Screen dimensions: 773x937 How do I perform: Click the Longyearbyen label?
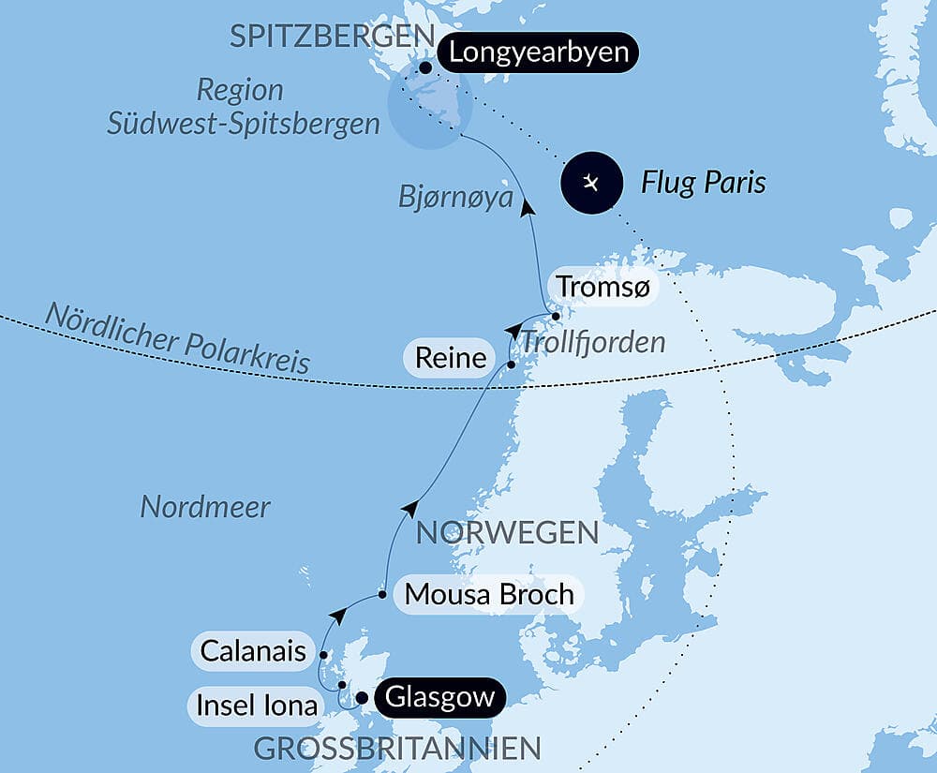point(538,52)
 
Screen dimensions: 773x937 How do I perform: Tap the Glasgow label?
point(439,698)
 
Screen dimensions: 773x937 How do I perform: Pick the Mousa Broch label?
point(488,595)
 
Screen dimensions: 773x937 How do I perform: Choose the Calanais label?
point(253,650)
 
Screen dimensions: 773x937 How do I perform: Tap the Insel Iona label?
point(257,705)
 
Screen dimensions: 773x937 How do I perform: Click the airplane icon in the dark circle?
point(591,182)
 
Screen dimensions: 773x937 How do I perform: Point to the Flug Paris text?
point(703,183)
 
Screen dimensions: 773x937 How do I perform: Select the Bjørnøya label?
point(455,198)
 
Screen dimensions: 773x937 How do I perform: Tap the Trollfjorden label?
point(592,342)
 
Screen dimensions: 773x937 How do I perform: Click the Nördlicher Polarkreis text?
point(177,339)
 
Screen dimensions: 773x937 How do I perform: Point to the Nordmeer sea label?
point(205,508)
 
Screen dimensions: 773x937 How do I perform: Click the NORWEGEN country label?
point(507,533)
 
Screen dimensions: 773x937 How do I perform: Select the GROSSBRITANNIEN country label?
point(397,749)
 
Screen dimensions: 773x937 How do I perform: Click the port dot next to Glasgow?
point(362,697)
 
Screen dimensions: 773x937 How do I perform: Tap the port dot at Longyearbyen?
point(426,67)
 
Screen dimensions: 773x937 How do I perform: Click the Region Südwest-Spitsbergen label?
point(243,108)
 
